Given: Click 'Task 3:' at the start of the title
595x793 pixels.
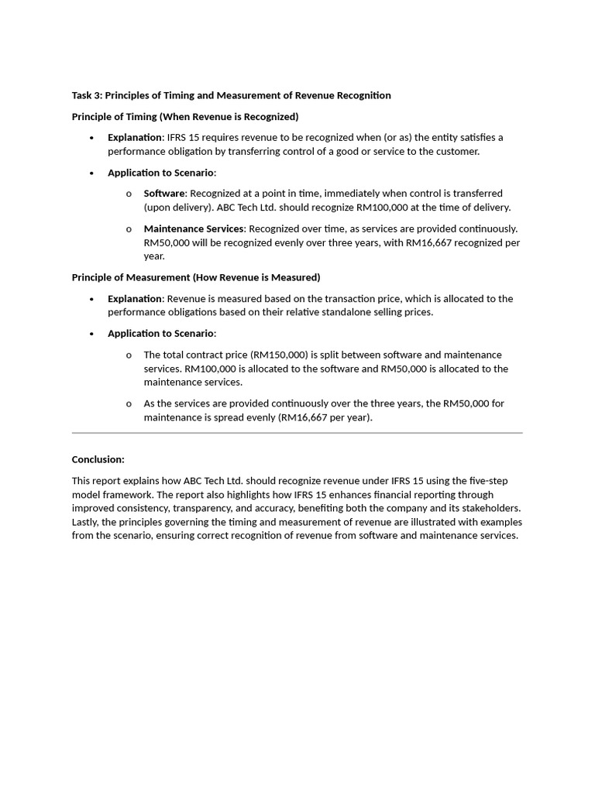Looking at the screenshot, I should click(87, 95).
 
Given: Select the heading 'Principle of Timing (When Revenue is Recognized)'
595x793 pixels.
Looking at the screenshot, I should click(185, 116).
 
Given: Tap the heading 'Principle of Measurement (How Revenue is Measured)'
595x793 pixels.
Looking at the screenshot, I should click(196, 277).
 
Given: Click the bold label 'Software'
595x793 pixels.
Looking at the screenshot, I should click(164, 193).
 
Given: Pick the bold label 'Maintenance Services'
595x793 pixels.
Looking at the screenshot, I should click(194, 228).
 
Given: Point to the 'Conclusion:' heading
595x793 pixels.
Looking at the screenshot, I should click(98, 459).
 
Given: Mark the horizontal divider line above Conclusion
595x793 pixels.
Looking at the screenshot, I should click(297, 433).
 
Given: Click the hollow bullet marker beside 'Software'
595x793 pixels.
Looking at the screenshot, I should click(129, 194).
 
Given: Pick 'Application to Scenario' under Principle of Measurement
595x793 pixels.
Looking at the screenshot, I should click(161, 333).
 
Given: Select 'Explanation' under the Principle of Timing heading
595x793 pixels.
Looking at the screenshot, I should click(135, 137).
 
